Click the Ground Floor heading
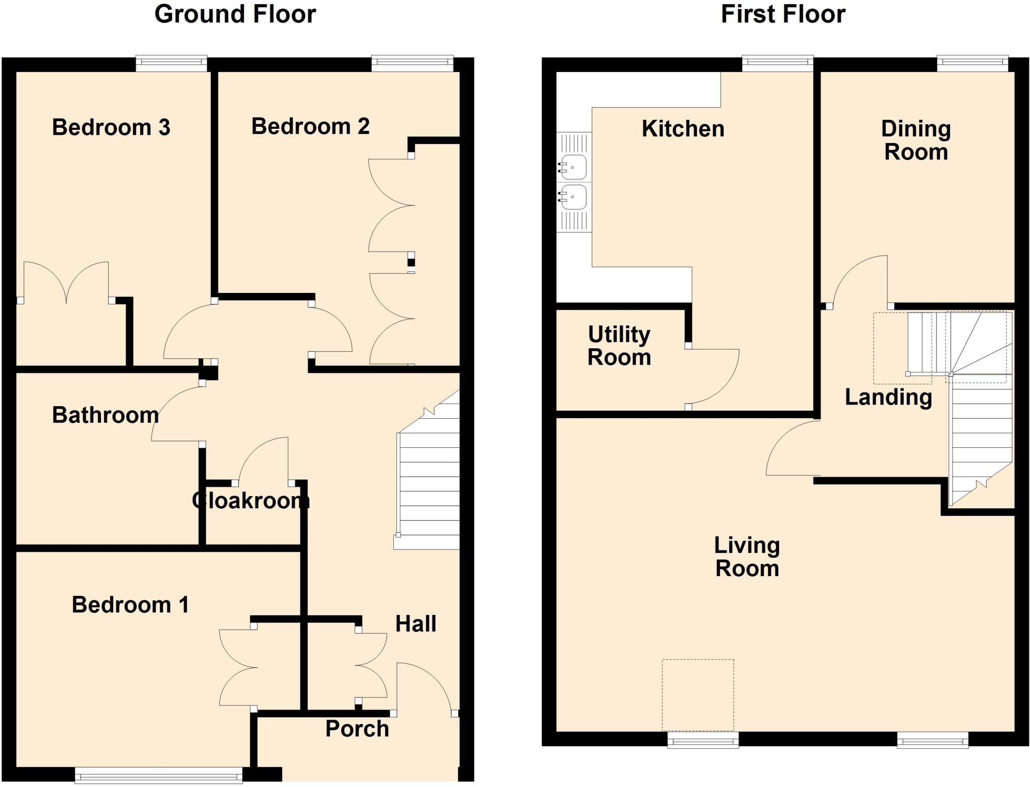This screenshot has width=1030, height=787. pos(235,14)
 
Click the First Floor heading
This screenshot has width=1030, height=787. pos(783,14)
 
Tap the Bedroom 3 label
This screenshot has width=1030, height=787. pos(111,127)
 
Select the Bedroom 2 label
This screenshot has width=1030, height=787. pos(310,126)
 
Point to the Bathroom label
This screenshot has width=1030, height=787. pos(105,415)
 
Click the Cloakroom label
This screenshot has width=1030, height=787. pos(250,500)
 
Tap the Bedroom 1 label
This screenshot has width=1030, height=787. pos(130,604)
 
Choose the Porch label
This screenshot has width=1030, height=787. pos(357,729)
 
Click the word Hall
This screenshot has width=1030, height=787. pos(415,624)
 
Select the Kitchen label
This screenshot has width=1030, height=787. pos(682,129)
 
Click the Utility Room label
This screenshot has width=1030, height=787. pos(619,346)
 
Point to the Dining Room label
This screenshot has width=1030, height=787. pos(916,140)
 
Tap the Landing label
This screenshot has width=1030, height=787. pos(888,397)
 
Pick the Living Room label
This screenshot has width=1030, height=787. pos(747,557)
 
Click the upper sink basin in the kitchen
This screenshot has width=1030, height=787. pos(573,167)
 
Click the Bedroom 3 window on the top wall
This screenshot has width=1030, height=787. pos(171,62)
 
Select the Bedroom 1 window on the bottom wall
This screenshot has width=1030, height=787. pos(158,774)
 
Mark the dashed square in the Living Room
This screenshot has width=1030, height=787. pos(698,695)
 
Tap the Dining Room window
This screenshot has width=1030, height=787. pos(972,62)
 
